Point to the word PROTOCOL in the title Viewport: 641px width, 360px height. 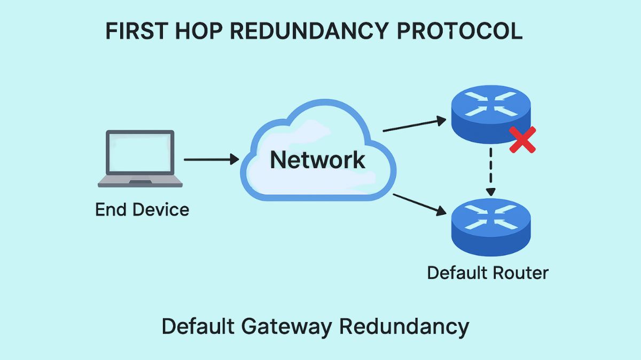coord(460,32)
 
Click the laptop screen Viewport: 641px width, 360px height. coord(140,153)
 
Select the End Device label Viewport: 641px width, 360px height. coord(142,209)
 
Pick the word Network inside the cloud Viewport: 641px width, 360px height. coord(317,160)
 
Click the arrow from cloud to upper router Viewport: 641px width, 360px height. coord(414,124)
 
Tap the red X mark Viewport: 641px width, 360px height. coord(522,140)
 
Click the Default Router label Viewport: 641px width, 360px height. coord(487,273)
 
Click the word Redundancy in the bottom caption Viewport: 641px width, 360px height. coord(404,326)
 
